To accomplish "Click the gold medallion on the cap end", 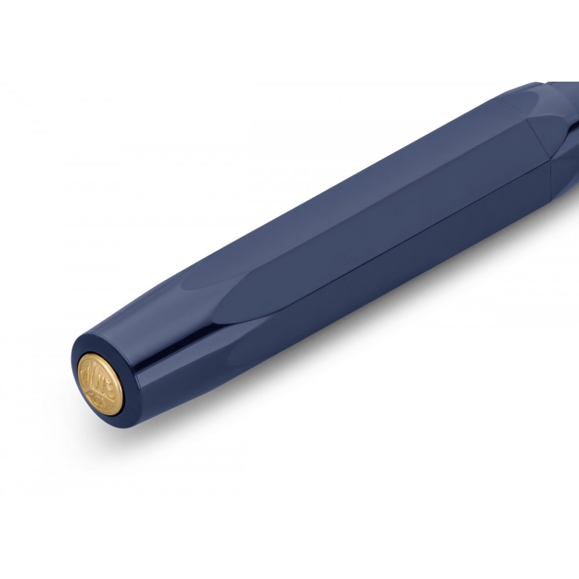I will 100,383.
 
